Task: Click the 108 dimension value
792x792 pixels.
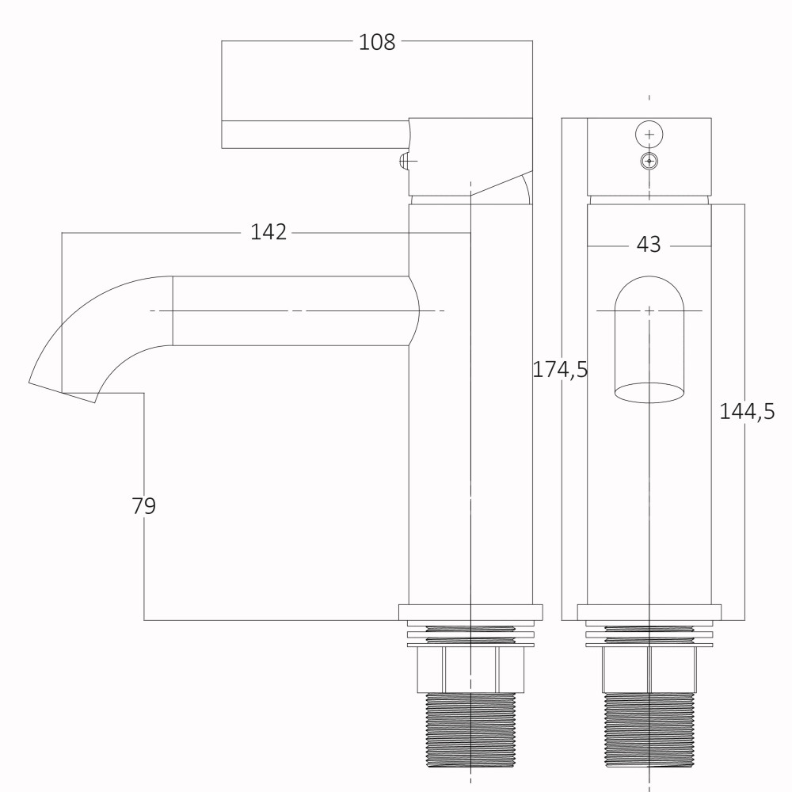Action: pos(377,42)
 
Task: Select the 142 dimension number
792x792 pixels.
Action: pos(268,232)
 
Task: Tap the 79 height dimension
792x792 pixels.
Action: pos(144,505)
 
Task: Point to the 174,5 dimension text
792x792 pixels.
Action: pos(560,370)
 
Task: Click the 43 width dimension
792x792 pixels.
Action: pos(649,245)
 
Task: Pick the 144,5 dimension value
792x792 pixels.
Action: pos(747,412)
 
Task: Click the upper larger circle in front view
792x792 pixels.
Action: pos(649,135)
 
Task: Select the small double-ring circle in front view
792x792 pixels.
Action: pos(649,161)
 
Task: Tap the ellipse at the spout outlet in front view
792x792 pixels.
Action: pos(649,393)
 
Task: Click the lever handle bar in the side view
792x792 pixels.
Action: pos(315,135)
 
